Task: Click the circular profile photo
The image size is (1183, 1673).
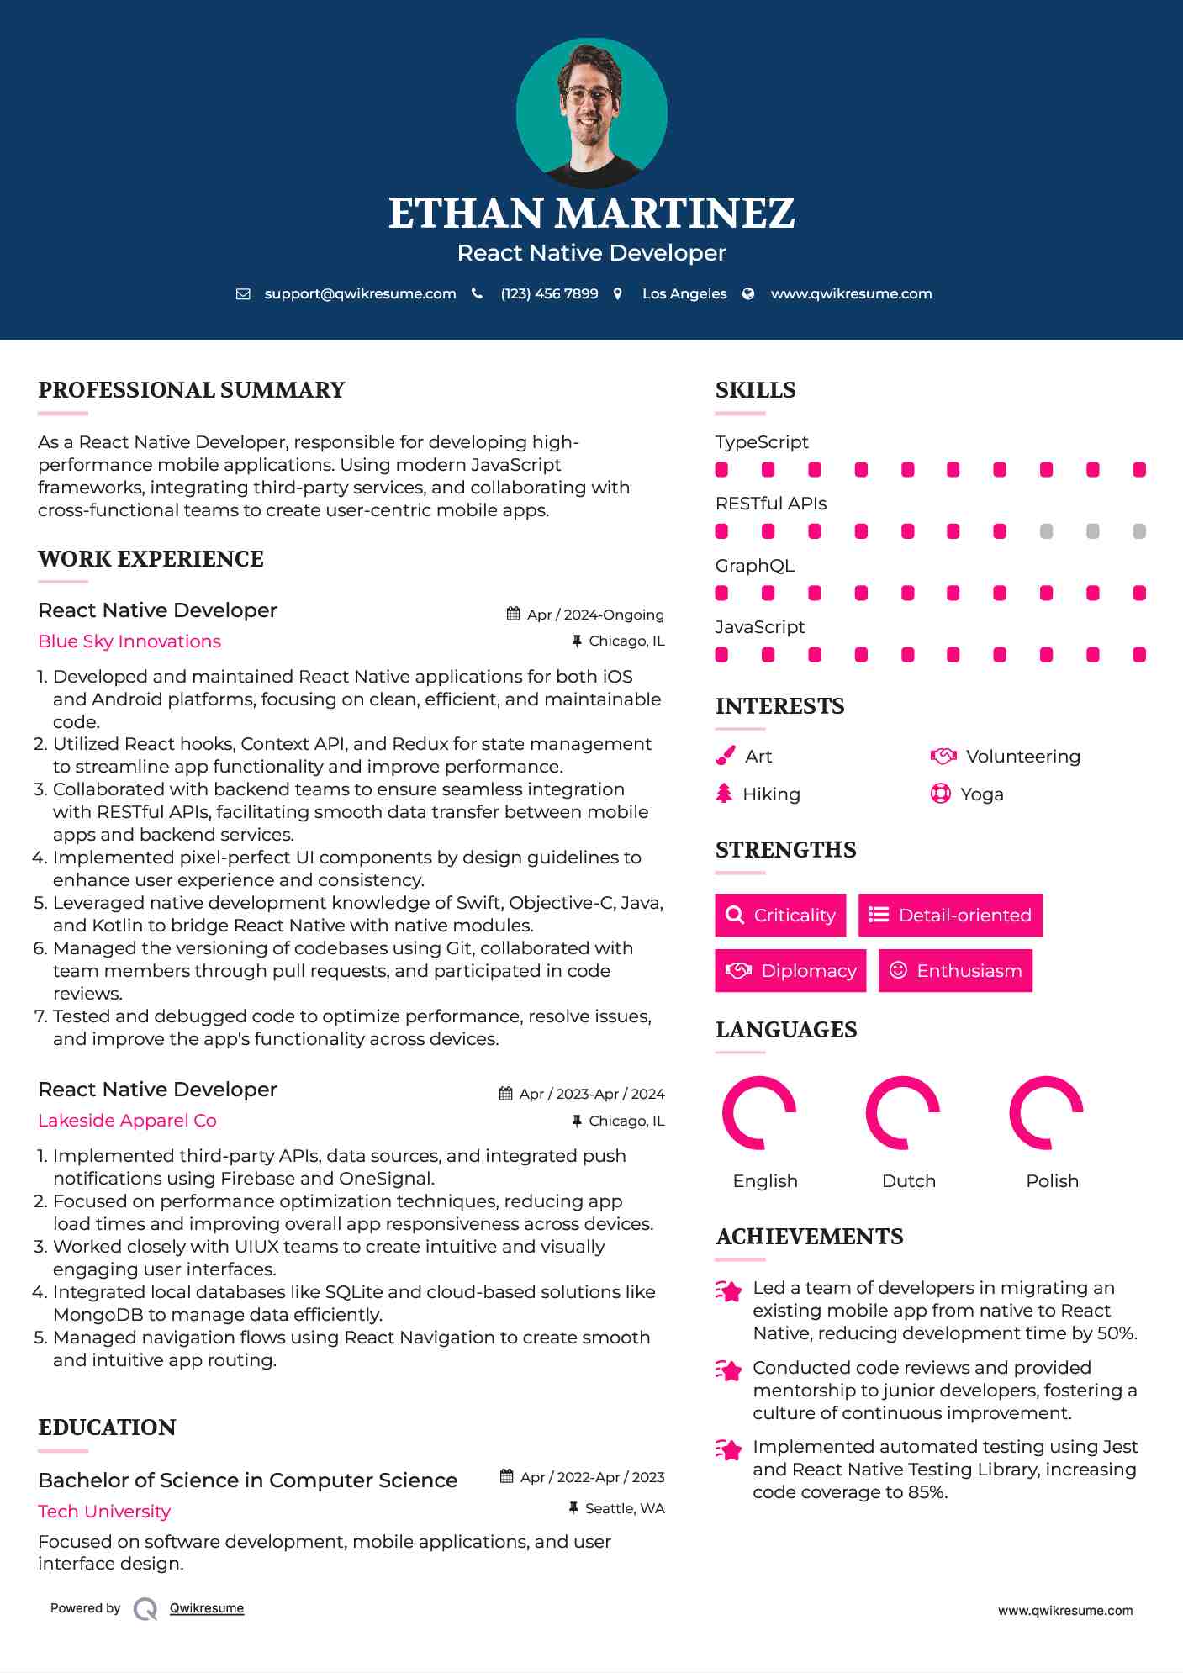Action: [591, 113]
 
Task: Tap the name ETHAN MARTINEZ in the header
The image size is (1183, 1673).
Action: [591, 213]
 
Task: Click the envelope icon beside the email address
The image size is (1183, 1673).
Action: [243, 294]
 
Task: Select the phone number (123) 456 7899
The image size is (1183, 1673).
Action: [549, 294]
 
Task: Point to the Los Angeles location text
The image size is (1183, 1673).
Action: [684, 294]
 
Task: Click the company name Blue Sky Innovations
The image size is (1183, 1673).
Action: [129, 641]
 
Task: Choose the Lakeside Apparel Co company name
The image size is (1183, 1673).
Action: [127, 1121]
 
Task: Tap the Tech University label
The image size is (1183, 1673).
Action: [104, 1512]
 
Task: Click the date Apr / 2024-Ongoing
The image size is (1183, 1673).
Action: [594, 615]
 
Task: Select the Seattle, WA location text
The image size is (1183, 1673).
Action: [624, 1508]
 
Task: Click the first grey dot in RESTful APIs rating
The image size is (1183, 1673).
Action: [1046, 531]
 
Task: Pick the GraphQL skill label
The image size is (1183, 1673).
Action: [754, 566]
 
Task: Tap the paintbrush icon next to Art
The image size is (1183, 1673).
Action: [725, 756]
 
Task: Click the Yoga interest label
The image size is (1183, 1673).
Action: [981, 794]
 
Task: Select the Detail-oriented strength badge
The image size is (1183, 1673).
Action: [950, 915]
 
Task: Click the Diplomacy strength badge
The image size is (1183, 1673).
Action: [790, 971]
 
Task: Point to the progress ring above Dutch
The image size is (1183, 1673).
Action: [903, 1112]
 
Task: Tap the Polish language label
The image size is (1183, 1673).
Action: [1052, 1181]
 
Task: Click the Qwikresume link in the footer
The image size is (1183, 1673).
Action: [207, 1608]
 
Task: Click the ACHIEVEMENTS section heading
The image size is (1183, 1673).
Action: [809, 1237]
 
